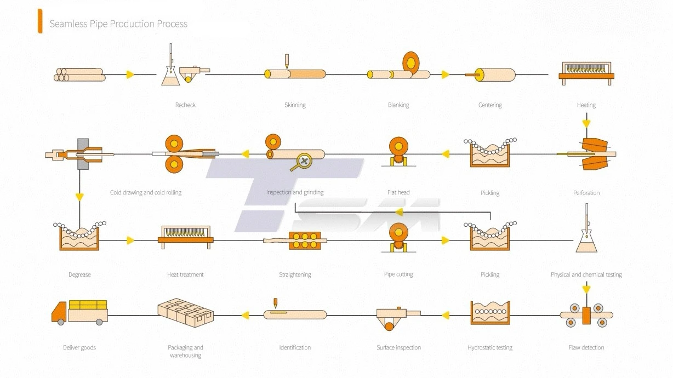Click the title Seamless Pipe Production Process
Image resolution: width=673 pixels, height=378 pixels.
pyautogui.click(x=118, y=24)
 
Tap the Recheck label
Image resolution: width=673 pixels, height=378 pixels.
pyautogui.click(x=185, y=105)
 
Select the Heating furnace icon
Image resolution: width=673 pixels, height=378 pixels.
pyautogui.click(x=586, y=73)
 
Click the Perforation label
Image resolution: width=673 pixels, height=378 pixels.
pyautogui.click(x=586, y=193)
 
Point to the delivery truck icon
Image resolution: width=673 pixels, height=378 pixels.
pyautogui.click(x=79, y=311)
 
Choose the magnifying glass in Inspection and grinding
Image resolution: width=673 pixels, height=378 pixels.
pyautogui.click(x=303, y=162)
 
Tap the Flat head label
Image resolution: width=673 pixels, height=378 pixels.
pyautogui.click(x=398, y=193)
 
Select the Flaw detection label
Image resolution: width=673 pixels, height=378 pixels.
pyautogui.click(x=586, y=347)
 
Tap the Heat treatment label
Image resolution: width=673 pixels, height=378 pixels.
pyautogui.click(x=185, y=274)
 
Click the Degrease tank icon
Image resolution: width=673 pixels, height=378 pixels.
pyautogui.click(x=79, y=238)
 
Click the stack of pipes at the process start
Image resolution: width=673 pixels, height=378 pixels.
pyautogui.click(x=79, y=75)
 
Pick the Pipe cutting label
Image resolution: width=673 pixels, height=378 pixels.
pyautogui.click(x=398, y=274)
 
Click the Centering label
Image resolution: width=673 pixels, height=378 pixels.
pyautogui.click(x=490, y=105)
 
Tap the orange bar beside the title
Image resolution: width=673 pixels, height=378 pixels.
pyautogui.click(x=40, y=21)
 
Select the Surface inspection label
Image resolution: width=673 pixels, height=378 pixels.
pyautogui.click(x=398, y=347)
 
